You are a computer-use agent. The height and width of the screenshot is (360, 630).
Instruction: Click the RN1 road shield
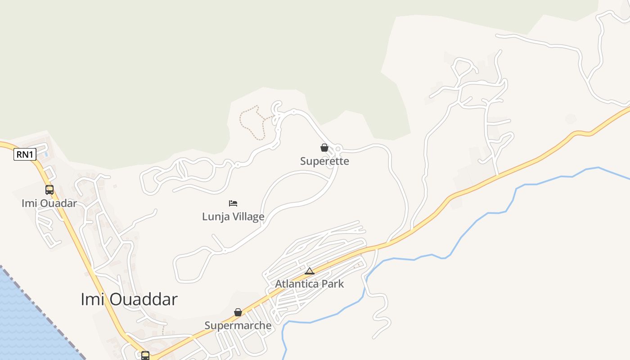point(25,155)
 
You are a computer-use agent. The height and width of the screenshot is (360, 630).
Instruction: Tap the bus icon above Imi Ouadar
point(49,190)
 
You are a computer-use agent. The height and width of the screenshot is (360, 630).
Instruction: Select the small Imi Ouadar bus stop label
point(49,203)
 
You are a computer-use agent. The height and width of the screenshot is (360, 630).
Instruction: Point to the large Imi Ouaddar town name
point(129,299)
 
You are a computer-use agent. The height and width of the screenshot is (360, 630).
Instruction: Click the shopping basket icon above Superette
point(324,148)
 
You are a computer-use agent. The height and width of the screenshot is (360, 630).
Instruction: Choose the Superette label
point(324,161)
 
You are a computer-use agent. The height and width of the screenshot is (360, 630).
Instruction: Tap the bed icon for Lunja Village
point(233,203)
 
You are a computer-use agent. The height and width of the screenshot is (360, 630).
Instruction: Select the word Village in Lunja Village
point(248,217)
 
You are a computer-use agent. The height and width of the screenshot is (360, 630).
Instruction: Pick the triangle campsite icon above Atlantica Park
point(309,271)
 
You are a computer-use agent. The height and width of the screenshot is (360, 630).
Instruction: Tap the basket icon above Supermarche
point(238,312)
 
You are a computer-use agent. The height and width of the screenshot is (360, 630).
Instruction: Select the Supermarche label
point(238,325)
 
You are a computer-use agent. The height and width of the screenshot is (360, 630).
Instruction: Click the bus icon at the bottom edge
point(145,355)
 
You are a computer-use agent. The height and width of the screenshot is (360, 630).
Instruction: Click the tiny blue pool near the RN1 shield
point(46,154)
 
